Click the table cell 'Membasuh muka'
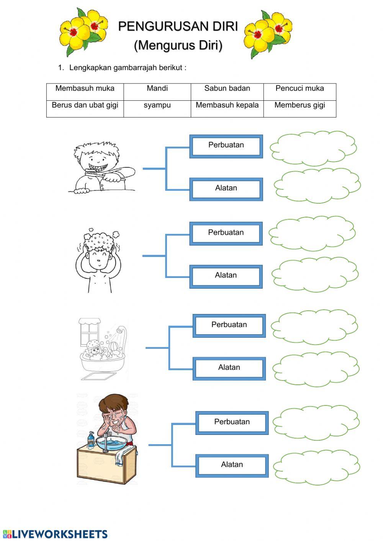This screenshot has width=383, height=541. (x=85, y=88)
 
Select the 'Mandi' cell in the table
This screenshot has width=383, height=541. (x=157, y=88)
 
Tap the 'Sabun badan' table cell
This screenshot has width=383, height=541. (x=227, y=88)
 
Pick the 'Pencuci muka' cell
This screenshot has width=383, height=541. (x=300, y=88)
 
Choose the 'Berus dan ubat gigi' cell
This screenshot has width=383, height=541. (x=85, y=105)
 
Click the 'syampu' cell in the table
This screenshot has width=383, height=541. (x=157, y=105)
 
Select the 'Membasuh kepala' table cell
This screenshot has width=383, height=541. (x=227, y=105)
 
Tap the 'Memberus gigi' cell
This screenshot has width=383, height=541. (x=300, y=105)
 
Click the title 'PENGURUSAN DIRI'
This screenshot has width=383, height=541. (x=178, y=26)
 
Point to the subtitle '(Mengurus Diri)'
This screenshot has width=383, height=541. (x=178, y=45)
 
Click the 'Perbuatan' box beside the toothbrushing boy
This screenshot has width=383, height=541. (x=226, y=145)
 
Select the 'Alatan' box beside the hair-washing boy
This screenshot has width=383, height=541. (x=226, y=276)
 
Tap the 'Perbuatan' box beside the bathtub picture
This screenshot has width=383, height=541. (x=229, y=325)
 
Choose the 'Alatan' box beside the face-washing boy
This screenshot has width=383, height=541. (x=232, y=465)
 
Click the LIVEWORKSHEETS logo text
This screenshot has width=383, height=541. (x=59, y=534)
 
